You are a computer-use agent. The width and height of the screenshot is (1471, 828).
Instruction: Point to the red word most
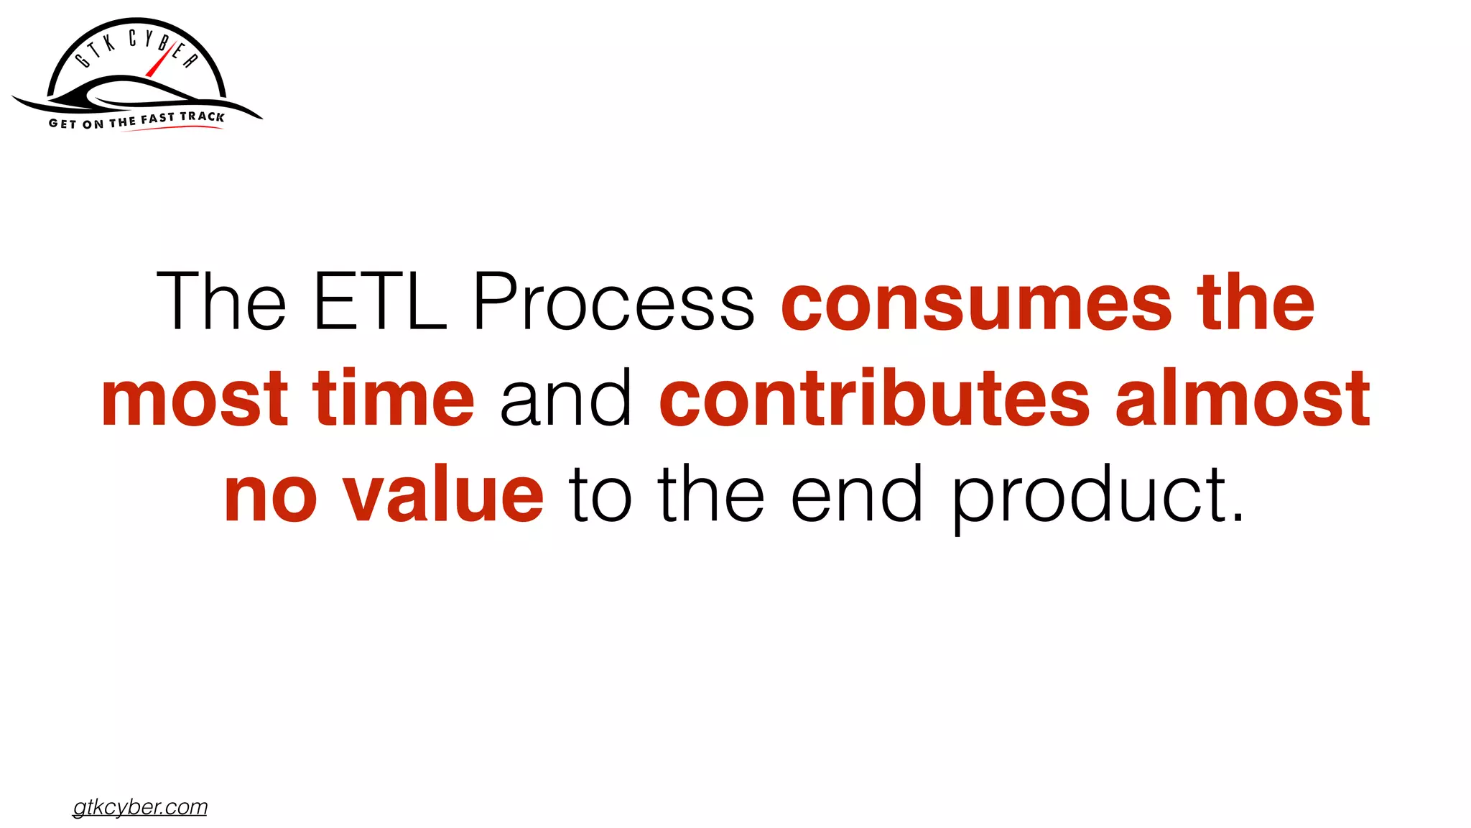pyautogui.click(x=195, y=398)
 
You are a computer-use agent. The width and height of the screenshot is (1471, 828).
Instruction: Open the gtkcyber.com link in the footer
pyautogui.click(x=140, y=807)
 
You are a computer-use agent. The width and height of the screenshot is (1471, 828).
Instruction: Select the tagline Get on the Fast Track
pyautogui.click(x=136, y=120)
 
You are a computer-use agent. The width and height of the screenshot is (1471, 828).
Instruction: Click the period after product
pyautogui.click(x=1237, y=517)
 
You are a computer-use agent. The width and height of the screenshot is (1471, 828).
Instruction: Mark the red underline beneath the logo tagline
pyautogui.click(x=172, y=129)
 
